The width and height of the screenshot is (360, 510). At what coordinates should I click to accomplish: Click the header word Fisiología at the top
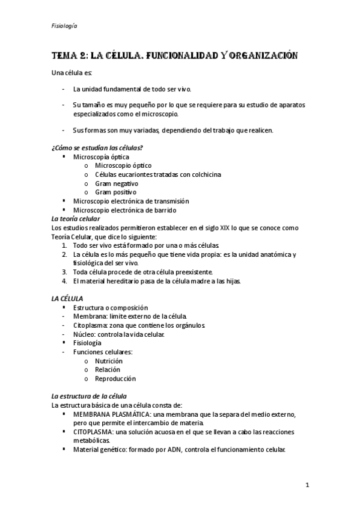(x=64, y=26)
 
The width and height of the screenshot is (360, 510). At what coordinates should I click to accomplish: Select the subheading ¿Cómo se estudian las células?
(x=97, y=148)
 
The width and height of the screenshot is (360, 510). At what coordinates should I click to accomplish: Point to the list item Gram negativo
(x=117, y=183)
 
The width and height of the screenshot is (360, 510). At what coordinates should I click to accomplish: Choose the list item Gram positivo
(x=115, y=192)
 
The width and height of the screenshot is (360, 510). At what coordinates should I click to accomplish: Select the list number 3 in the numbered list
(x=64, y=272)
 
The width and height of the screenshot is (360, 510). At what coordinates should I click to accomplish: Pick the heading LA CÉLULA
(x=67, y=298)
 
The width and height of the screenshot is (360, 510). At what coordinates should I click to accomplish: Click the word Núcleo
(x=84, y=334)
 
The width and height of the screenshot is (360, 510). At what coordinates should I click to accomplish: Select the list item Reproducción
(x=115, y=379)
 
